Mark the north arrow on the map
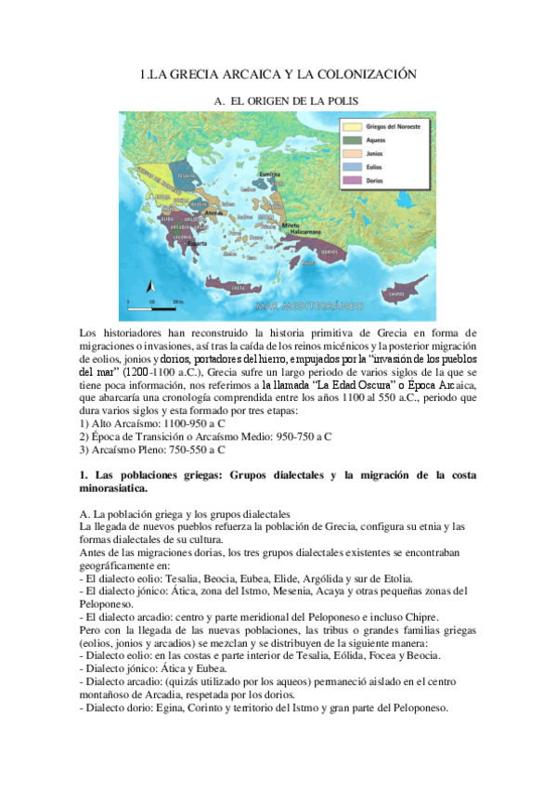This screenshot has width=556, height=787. click(145, 287)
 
